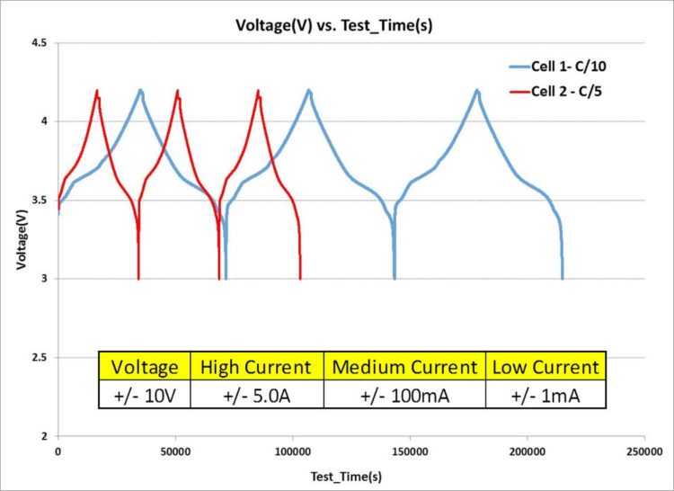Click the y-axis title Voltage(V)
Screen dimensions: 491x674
19,239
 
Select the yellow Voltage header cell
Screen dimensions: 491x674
145,366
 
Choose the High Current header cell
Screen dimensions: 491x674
256,366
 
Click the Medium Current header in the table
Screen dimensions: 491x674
404,366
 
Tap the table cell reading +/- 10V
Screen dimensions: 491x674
145,394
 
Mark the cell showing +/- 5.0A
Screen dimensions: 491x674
256,394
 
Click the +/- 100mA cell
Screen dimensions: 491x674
404,394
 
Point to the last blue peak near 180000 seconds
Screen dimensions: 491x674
477,90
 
